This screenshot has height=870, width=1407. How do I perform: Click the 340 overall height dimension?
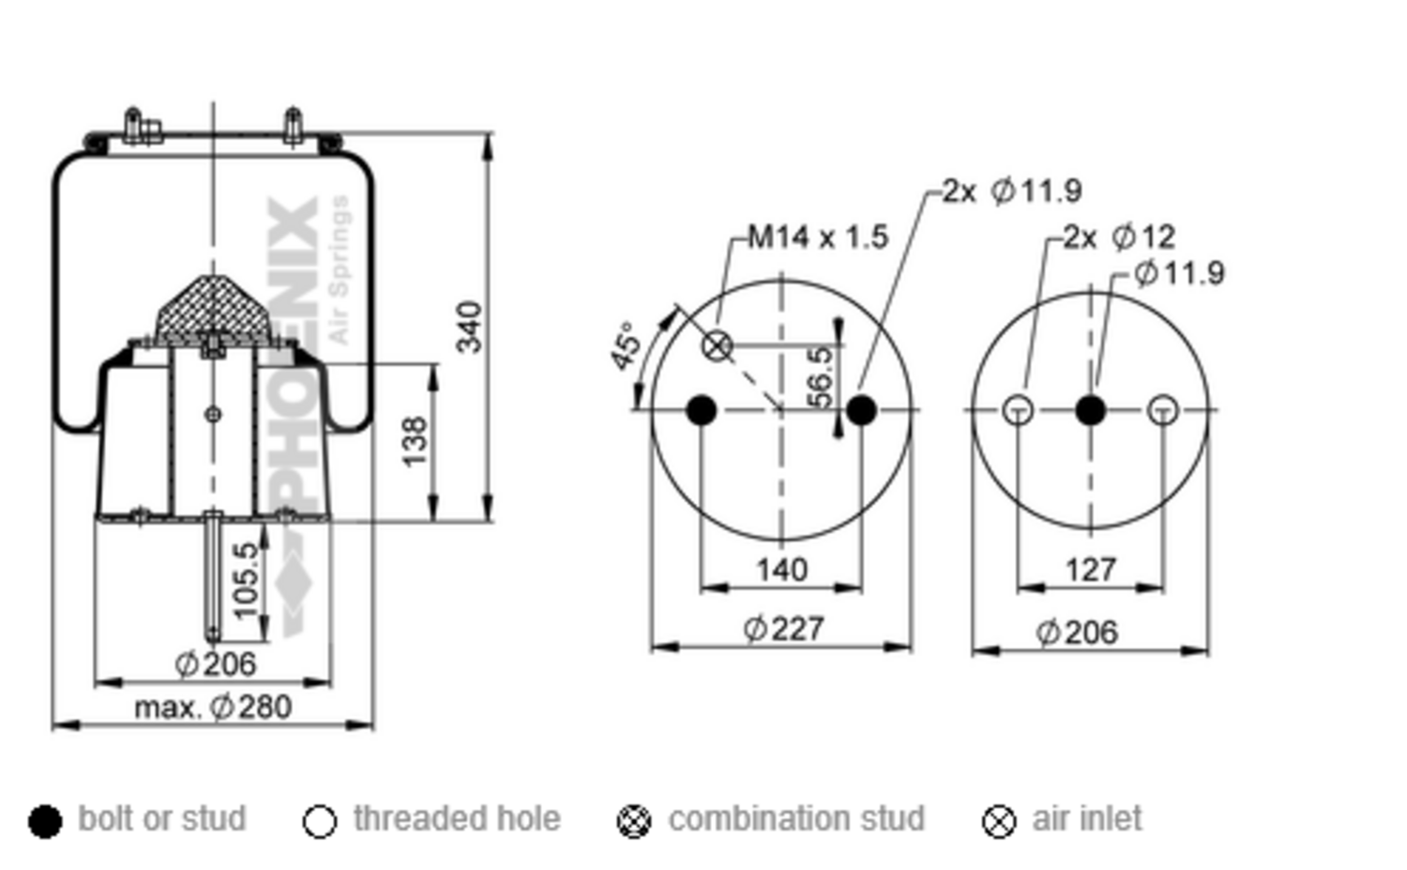pos(469,327)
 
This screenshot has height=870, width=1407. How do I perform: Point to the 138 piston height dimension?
pos(415,441)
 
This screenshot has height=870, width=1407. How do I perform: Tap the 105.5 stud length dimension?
pos(246,581)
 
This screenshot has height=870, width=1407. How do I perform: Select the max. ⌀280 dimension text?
pos(214,708)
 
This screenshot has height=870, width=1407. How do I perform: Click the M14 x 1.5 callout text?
pos(819,237)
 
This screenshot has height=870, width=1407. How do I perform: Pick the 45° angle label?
pos(627,346)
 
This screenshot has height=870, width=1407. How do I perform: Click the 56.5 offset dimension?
pos(820,378)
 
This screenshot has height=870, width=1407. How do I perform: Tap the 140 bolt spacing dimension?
pos(782,571)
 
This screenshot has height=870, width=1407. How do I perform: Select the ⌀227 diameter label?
pos(783,629)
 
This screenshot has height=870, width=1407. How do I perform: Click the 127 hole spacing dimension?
pos(1091,571)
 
